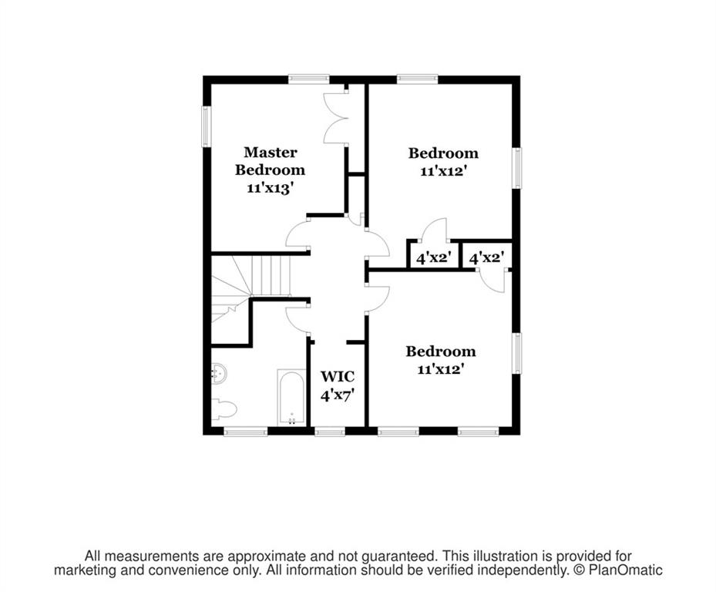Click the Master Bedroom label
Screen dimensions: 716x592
click(270, 161)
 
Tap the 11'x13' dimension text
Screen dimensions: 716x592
click(270, 188)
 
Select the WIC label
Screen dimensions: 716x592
click(338, 377)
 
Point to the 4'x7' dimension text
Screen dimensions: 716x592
click(338, 395)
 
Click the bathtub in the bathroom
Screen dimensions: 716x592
click(291, 398)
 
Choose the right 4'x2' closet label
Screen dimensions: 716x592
click(487, 258)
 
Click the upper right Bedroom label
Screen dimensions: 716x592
click(443, 153)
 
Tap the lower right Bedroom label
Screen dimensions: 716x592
click(441, 351)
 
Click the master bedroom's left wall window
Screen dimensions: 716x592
click(207, 126)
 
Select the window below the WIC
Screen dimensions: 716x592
click(330, 430)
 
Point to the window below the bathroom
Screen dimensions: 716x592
click(245, 430)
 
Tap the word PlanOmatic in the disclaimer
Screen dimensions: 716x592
click(625, 570)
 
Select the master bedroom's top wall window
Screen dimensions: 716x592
click(309, 79)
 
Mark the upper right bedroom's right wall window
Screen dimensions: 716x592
click(516, 167)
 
